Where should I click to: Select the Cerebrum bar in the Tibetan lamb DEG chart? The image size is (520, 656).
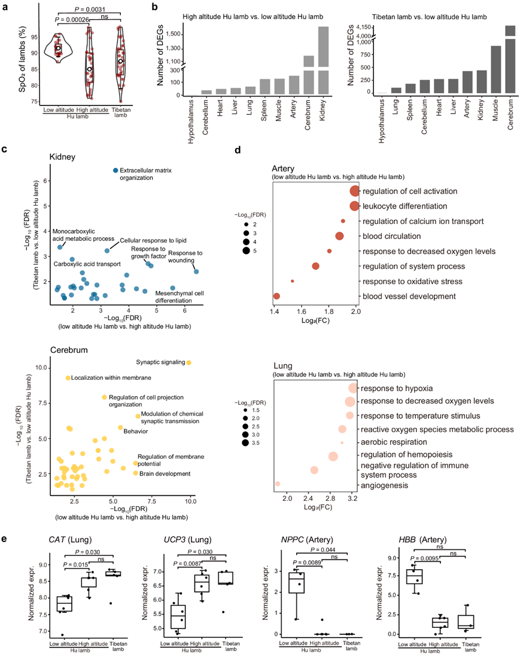coord(510,60)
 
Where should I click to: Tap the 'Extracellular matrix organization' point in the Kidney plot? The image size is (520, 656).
coord(115,171)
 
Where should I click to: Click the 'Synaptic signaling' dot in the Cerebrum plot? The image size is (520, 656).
coord(188,362)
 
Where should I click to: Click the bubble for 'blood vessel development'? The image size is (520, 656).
coord(276,296)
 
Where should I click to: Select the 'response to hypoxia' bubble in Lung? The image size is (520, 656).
coord(352,388)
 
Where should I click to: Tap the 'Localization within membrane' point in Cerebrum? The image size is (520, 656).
coord(68,378)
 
